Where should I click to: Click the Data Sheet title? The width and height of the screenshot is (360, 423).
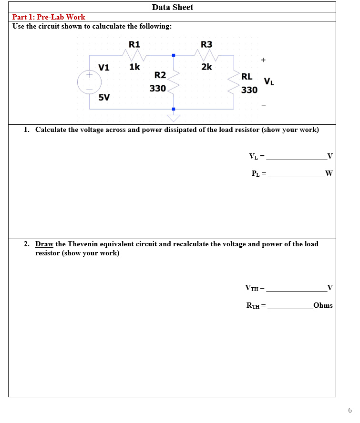pos(172,7)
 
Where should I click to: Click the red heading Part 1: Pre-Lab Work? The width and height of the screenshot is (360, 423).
pos(49,17)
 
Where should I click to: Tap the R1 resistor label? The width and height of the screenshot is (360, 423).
pos(134,44)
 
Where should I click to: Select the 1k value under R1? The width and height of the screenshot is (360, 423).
pos(134,67)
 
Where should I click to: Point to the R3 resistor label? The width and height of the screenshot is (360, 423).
pos(206,44)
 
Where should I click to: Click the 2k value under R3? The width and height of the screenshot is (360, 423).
pos(206,67)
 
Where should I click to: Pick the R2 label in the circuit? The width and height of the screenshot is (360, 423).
pos(160,75)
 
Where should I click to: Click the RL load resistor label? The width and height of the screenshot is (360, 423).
pos(247,77)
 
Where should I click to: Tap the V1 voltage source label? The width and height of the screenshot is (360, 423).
pos(103,67)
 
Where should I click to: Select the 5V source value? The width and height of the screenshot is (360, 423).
pos(103,98)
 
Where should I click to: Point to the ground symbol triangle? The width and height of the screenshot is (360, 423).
pos(173,117)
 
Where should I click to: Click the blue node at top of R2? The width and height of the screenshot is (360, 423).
pos(174,56)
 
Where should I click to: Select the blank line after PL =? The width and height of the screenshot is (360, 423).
pos(296,174)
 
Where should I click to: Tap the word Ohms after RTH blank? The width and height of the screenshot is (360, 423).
pos(323,305)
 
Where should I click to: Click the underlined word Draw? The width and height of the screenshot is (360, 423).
pos(44,244)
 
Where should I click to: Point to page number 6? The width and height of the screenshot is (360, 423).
pos(350,410)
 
